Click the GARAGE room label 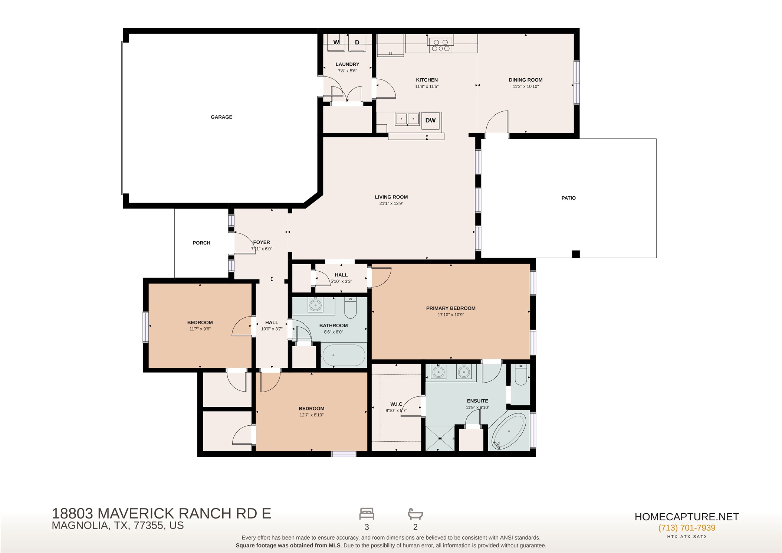(x=221, y=117)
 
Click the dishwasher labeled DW (x=430, y=120)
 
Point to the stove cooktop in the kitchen (x=441, y=45)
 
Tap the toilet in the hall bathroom (x=350, y=308)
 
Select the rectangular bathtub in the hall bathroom (x=344, y=356)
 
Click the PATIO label (x=568, y=198)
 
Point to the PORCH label (x=201, y=243)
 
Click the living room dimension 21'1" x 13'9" (x=391, y=203)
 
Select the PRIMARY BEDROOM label (x=451, y=308)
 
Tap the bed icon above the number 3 (x=367, y=514)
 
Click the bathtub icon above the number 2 (x=415, y=514)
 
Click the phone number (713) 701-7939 (x=687, y=528)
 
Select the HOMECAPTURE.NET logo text (x=687, y=517)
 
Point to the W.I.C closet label (x=396, y=404)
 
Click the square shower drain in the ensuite (x=440, y=439)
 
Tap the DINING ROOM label (x=526, y=80)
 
